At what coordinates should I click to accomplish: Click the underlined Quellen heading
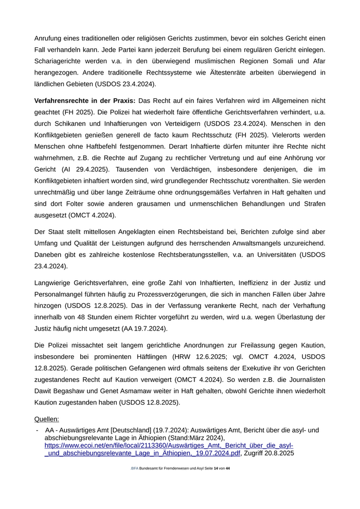click(x=46, y=419)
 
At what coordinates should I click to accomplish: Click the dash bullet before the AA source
click(x=37, y=430)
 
